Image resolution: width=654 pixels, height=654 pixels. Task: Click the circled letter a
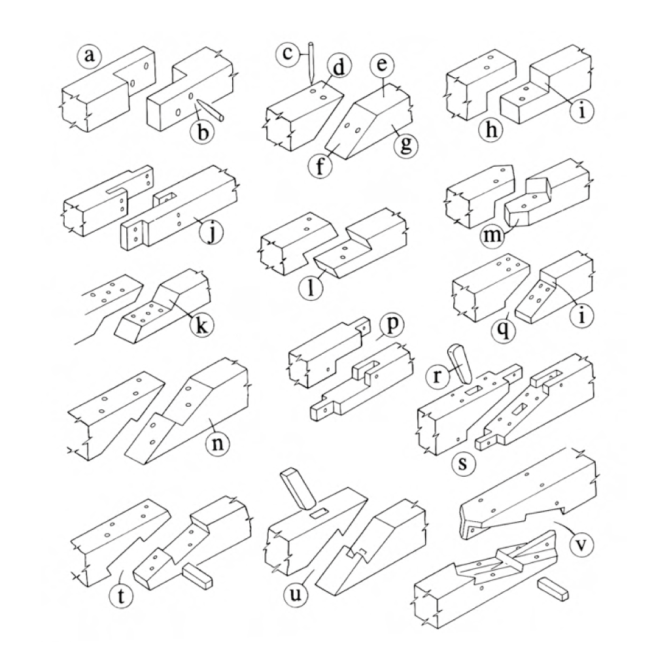(89, 56)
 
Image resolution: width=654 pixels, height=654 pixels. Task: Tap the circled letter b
(202, 132)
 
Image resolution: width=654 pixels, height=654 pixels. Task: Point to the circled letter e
(382, 65)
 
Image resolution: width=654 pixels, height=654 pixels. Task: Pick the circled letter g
(405, 145)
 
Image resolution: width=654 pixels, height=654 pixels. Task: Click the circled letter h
(492, 130)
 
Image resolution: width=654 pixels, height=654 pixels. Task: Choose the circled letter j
(211, 233)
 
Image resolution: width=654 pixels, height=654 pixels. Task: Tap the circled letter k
(201, 325)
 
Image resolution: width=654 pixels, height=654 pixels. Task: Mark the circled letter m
(492, 235)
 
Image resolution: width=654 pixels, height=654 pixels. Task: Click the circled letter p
(392, 324)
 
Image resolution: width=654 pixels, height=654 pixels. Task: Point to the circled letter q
(504, 331)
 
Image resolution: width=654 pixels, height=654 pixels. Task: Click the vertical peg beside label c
(311, 65)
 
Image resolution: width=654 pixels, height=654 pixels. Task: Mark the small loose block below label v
(553, 589)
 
